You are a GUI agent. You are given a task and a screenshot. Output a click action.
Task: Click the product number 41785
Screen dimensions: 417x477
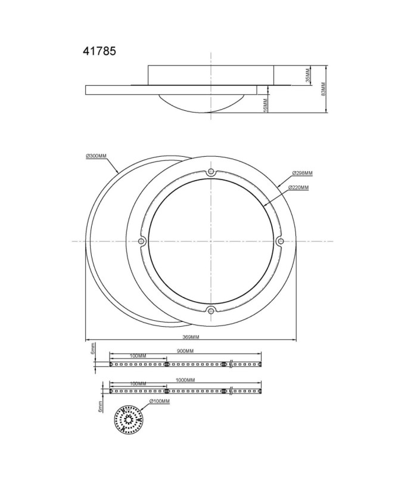[x=99, y=51]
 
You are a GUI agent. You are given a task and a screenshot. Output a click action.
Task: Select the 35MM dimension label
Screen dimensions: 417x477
[x=308, y=75]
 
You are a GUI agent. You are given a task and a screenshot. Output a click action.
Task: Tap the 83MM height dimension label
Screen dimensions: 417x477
[x=323, y=89]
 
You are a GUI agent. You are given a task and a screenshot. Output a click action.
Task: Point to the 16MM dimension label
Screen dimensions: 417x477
[x=265, y=105]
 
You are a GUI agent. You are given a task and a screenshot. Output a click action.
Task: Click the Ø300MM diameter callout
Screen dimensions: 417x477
[x=97, y=156]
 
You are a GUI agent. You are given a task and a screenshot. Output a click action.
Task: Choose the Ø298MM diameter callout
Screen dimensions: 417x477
[x=303, y=173]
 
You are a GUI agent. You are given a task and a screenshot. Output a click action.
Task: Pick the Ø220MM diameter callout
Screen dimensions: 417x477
[x=298, y=188]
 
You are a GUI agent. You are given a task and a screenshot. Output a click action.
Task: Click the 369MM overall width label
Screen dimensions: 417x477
[x=191, y=337]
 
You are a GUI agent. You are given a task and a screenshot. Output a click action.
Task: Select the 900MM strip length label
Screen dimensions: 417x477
[x=185, y=351]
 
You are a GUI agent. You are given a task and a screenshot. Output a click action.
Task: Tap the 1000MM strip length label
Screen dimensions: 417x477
[x=185, y=380]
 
